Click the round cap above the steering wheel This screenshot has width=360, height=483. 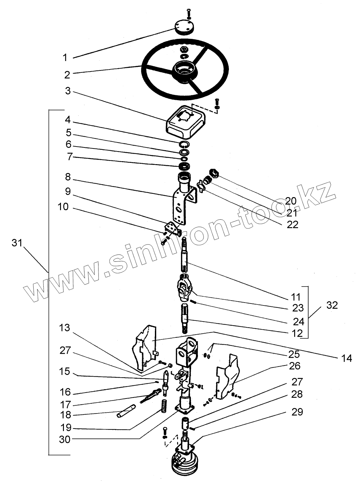click(184, 26)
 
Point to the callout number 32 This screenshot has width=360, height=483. click(332, 305)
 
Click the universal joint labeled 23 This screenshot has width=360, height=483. click(185, 288)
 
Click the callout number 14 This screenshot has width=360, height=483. click(347, 358)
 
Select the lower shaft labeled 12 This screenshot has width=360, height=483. click(185, 319)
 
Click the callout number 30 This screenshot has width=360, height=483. click(65, 440)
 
